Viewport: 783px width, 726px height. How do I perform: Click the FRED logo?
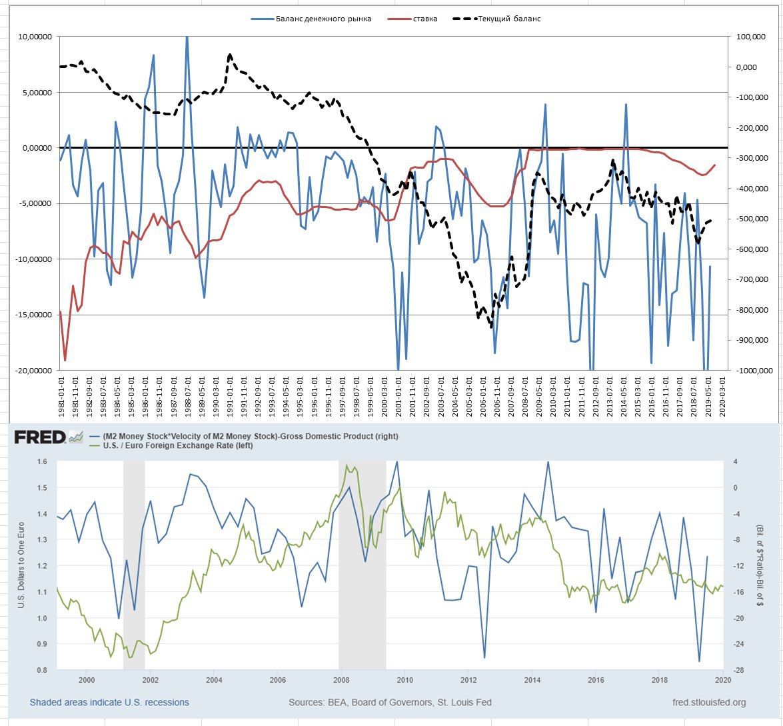pos(40,437)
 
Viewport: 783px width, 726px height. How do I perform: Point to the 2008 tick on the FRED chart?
pos(341,680)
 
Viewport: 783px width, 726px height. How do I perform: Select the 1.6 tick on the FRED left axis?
pos(42,461)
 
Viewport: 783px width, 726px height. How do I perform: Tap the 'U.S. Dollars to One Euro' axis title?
pos(21,565)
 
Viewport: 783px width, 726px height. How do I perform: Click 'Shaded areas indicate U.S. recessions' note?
pos(109,702)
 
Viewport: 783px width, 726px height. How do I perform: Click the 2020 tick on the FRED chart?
pos(723,680)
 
